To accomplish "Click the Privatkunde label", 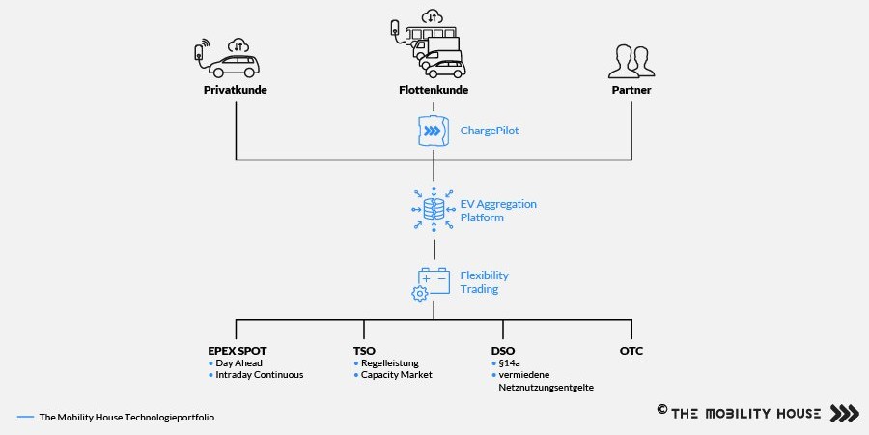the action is tap(236, 90).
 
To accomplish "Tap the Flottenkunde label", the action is tap(434, 90).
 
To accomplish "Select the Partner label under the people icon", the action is tap(631, 90).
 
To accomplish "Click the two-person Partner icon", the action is tap(631, 62).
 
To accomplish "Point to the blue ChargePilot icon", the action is tap(433, 130).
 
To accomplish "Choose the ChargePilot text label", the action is tap(490, 130).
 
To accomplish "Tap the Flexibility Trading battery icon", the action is tap(432, 283).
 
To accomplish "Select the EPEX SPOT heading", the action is tap(238, 351).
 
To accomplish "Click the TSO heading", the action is tap(364, 351).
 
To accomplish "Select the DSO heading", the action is tap(503, 351).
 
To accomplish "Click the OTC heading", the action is tap(631, 351).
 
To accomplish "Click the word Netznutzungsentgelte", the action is tap(546, 388).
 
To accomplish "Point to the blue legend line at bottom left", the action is tap(25, 417).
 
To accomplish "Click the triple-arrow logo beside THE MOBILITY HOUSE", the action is tap(844, 414).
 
